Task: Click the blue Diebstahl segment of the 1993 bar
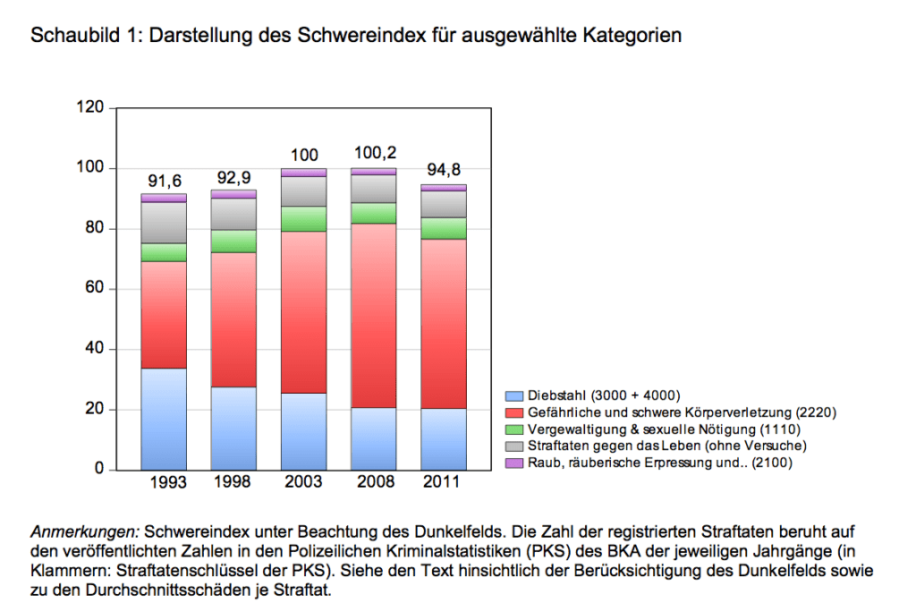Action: [x=164, y=419]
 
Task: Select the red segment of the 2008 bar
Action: [x=373, y=315]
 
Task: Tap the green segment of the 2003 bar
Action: [x=303, y=219]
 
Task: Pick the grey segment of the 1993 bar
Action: [x=164, y=223]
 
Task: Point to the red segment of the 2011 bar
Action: [x=443, y=324]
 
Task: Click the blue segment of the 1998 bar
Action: [x=233, y=428]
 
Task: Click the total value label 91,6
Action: [x=164, y=182]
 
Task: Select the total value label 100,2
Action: [x=373, y=155]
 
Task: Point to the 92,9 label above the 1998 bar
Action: [x=233, y=177]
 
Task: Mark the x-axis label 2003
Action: [x=303, y=483]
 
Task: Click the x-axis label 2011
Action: [x=443, y=483]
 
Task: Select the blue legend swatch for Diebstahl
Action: [x=514, y=395]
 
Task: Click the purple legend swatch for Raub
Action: [x=514, y=463]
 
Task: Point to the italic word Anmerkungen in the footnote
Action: [x=84, y=531]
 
